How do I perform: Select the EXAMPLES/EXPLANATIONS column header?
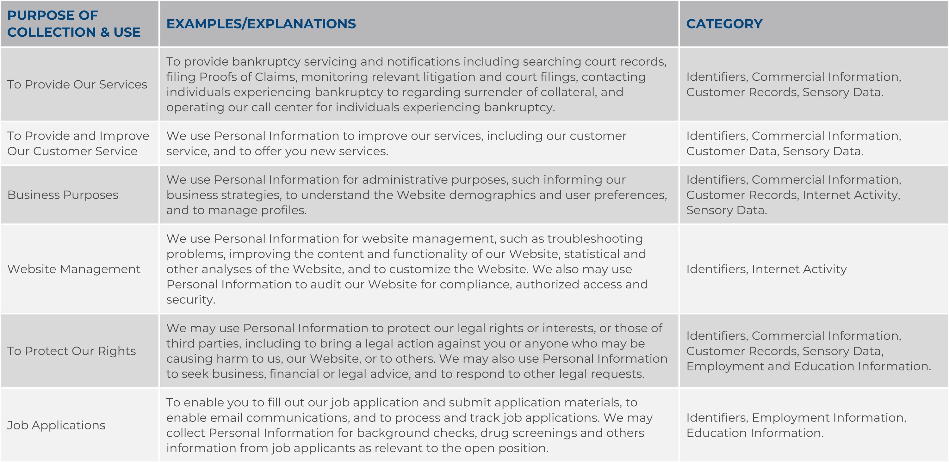(261, 24)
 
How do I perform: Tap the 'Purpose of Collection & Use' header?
(74, 24)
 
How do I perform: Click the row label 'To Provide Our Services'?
(77, 84)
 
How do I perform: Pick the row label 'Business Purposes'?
(63, 195)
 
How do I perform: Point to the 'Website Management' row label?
(74, 269)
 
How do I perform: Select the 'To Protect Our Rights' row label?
(71, 351)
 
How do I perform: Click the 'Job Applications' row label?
(56, 425)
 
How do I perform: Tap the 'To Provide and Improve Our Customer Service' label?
(78, 144)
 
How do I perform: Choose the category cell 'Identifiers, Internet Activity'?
(766, 269)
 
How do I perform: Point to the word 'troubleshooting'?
(595, 238)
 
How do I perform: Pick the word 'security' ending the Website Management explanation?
(190, 300)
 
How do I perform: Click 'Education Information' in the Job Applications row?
(754, 433)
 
